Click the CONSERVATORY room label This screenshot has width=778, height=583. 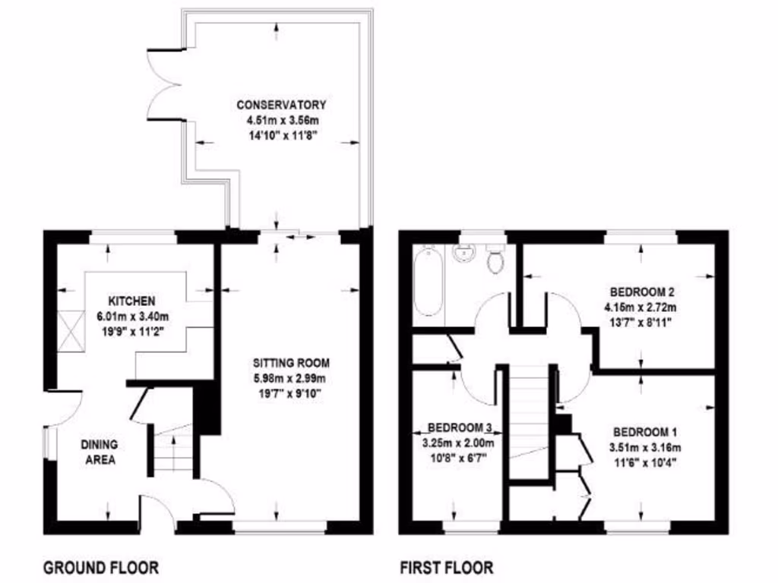coord(281,105)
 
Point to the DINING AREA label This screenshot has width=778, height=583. coord(98,452)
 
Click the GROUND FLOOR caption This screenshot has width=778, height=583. coord(100,567)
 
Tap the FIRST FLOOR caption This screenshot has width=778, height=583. coord(446,567)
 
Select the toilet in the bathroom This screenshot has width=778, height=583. coord(495,260)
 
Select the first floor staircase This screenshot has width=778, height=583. coord(529,421)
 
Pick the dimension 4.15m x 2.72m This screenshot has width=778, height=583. coord(640,307)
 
